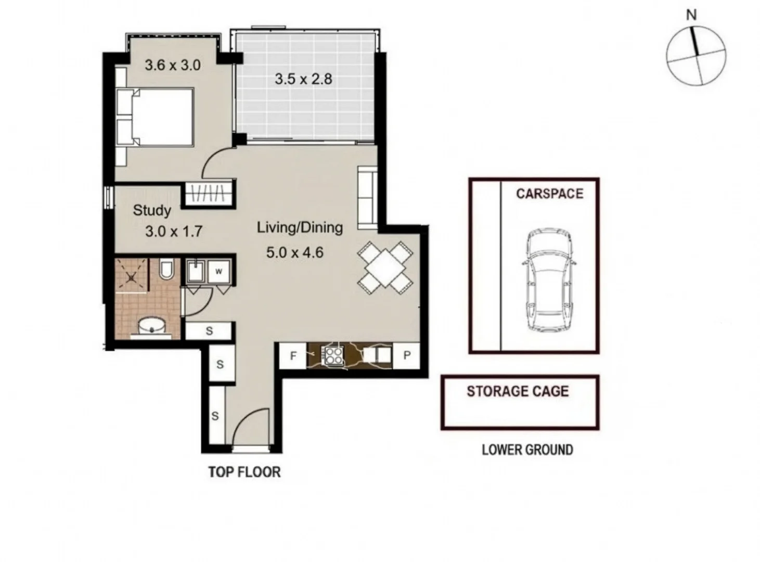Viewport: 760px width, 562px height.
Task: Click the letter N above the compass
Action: (x=691, y=15)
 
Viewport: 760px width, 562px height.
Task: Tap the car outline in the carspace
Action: (x=549, y=280)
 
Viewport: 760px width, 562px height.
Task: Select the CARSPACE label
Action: (x=550, y=194)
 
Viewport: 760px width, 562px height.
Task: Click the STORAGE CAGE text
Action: (x=518, y=391)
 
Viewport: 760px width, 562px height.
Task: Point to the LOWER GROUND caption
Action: (x=527, y=450)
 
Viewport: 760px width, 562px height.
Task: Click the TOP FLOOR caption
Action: (x=244, y=472)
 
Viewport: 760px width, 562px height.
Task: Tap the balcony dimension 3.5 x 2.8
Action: (x=303, y=79)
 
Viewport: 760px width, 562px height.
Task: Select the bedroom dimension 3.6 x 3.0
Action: (x=173, y=65)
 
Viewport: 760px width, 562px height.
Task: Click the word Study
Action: (x=152, y=211)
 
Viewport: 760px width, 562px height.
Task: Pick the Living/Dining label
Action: (x=300, y=228)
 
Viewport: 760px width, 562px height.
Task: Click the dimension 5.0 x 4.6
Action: (x=294, y=253)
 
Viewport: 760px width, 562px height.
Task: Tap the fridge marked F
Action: (x=293, y=356)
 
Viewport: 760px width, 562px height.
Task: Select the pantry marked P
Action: (x=407, y=355)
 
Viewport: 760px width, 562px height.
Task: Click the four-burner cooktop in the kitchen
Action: (x=333, y=355)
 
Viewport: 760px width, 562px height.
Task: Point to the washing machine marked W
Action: (x=219, y=272)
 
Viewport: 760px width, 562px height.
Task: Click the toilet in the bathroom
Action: (x=167, y=269)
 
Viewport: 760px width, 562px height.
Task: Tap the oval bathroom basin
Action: (x=151, y=326)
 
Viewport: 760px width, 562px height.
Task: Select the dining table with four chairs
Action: (x=385, y=267)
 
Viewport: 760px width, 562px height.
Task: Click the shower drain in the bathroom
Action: (x=131, y=278)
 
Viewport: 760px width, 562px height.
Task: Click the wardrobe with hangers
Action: (x=208, y=194)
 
